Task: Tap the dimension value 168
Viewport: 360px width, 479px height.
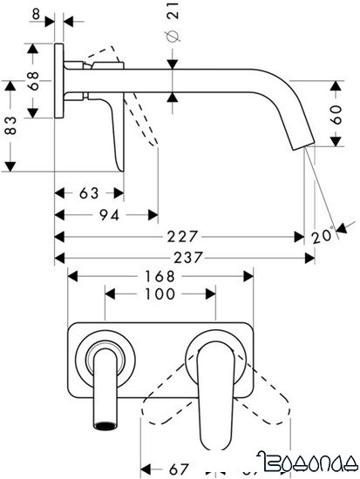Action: [159, 275]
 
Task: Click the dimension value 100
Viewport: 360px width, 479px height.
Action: [159, 296]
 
